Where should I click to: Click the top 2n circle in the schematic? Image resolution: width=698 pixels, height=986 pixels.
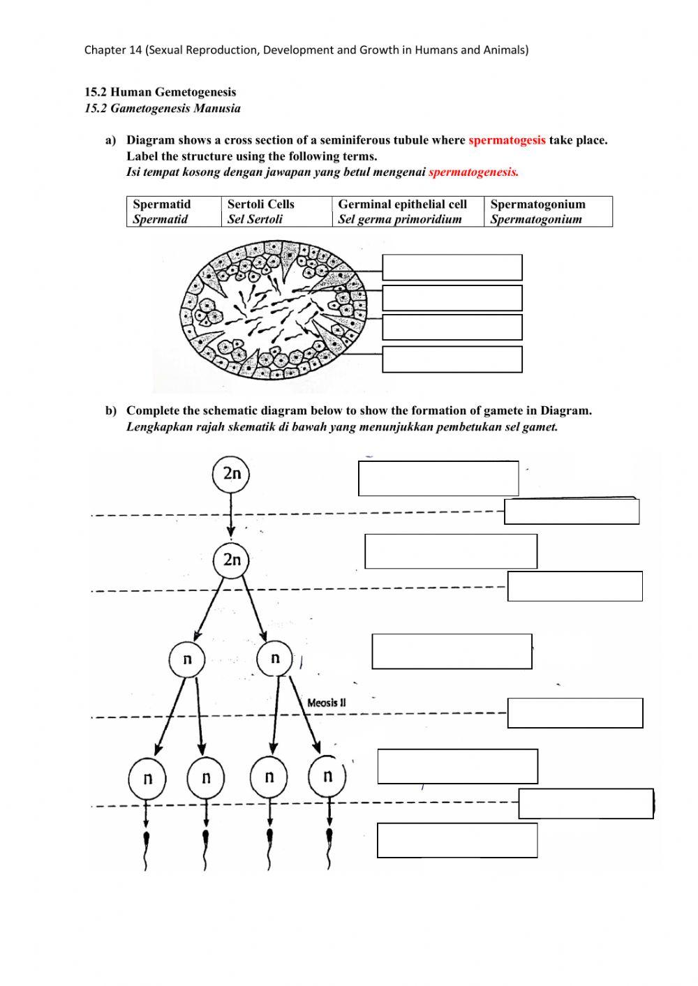pos(231,474)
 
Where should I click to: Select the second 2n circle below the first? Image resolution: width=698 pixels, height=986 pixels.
pos(231,560)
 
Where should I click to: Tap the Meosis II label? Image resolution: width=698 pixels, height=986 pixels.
pos(326,703)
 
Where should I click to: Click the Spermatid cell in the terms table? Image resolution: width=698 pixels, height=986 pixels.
pos(172,211)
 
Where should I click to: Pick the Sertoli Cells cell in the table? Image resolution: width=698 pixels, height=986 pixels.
pos(276,211)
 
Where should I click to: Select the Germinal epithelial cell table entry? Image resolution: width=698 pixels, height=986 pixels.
pos(408,211)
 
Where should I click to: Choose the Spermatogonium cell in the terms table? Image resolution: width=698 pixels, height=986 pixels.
pos(547,211)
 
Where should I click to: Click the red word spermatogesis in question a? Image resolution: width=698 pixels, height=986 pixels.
pos(507,140)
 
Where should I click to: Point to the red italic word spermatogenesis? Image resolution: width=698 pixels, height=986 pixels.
pos(473,172)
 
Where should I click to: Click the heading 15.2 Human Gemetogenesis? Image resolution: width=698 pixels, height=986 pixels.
pos(160,92)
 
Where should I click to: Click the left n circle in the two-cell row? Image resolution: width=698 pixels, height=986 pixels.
pos(187,659)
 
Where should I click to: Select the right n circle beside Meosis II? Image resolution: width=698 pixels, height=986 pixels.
pos(275,658)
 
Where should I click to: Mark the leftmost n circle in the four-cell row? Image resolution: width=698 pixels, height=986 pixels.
pos(147,778)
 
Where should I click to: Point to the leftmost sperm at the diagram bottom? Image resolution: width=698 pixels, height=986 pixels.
pos(146,847)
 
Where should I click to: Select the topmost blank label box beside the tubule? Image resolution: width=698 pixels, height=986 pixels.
pos(452,267)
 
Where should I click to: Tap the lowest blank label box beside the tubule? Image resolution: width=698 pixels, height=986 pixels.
pos(452,359)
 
